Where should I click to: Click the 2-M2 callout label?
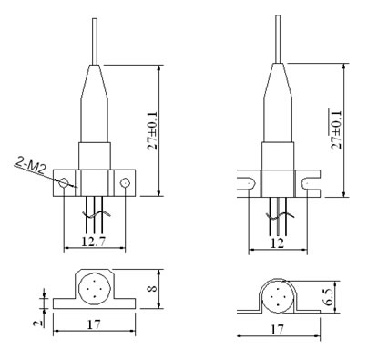(x=30, y=166)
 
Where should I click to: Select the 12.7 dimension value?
(x=94, y=242)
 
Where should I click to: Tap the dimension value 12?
(x=278, y=243)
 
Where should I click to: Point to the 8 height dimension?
(x=153, y=287)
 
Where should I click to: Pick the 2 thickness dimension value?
(x=37, y=323)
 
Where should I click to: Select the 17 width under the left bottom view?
(x=94, y=324)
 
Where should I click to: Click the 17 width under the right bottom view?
(x=277, y=329)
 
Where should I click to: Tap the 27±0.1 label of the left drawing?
(x=152, y=130)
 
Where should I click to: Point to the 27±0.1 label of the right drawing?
(x=336, y=129)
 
